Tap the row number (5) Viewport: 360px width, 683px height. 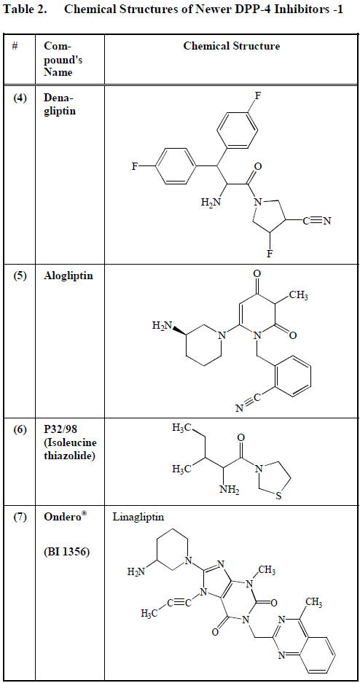click(19, 276)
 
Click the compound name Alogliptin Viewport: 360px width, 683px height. click(68, 276)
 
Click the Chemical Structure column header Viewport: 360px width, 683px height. click(232, 46)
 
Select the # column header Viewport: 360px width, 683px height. click(15, 46)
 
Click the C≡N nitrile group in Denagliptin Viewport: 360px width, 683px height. click(317, 221)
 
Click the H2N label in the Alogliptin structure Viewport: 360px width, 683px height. click(160, 326)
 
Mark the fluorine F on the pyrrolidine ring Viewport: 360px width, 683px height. click(270, 254)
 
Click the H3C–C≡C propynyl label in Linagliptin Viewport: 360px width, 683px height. click(166, 614)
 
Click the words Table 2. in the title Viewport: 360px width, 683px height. click(25, 9)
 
